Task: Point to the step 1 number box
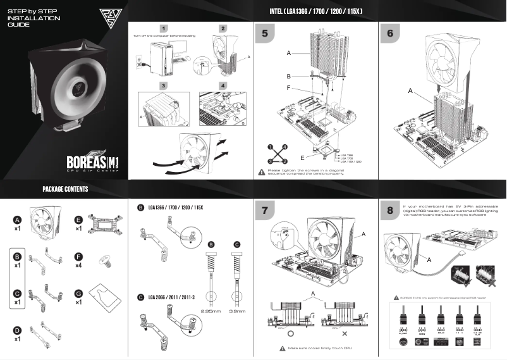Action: pos(164,29)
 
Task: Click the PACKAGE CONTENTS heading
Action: pos(65,189)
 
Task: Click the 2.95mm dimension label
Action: pos(211,311)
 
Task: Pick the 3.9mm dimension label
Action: pos(237,311)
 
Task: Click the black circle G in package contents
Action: pos(78,294)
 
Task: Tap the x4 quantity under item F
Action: pos(78,266)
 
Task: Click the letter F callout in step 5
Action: pos(288,88)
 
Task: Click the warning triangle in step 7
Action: pos(283,348)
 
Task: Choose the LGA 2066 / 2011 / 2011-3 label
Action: pos(171,297)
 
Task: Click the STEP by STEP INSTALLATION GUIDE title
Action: pos(34,18)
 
